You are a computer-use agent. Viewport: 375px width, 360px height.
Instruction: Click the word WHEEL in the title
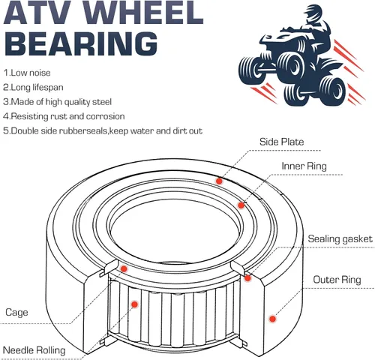(144, 12)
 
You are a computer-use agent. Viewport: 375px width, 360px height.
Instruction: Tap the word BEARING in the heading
(81, 43)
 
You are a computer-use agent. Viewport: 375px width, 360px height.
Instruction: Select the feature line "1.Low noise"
(27, 73)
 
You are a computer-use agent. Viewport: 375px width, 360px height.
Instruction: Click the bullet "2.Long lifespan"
(33, 87)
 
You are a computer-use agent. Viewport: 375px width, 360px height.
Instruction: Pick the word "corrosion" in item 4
(105, 116)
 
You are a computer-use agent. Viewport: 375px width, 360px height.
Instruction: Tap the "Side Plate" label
(282, 142)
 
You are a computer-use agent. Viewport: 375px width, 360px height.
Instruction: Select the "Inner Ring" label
(304, 166)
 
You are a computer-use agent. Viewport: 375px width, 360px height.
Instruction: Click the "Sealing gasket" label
(340, 238)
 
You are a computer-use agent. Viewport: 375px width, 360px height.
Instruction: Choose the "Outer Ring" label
(337, 280)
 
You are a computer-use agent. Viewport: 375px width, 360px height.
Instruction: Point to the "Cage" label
(16, 313)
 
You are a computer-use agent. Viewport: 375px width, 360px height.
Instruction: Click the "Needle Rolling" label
(34, 350)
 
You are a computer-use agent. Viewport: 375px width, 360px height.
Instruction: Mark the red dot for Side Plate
(219, 181)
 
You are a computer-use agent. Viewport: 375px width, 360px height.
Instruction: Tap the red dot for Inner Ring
(241, 205)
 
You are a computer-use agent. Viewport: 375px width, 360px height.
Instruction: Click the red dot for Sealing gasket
(247, 278)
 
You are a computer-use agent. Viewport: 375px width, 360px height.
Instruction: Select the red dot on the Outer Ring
(272, 319)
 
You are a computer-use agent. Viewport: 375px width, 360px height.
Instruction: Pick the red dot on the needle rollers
(134, 304)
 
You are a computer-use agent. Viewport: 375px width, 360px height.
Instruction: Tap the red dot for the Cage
(124, 269)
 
